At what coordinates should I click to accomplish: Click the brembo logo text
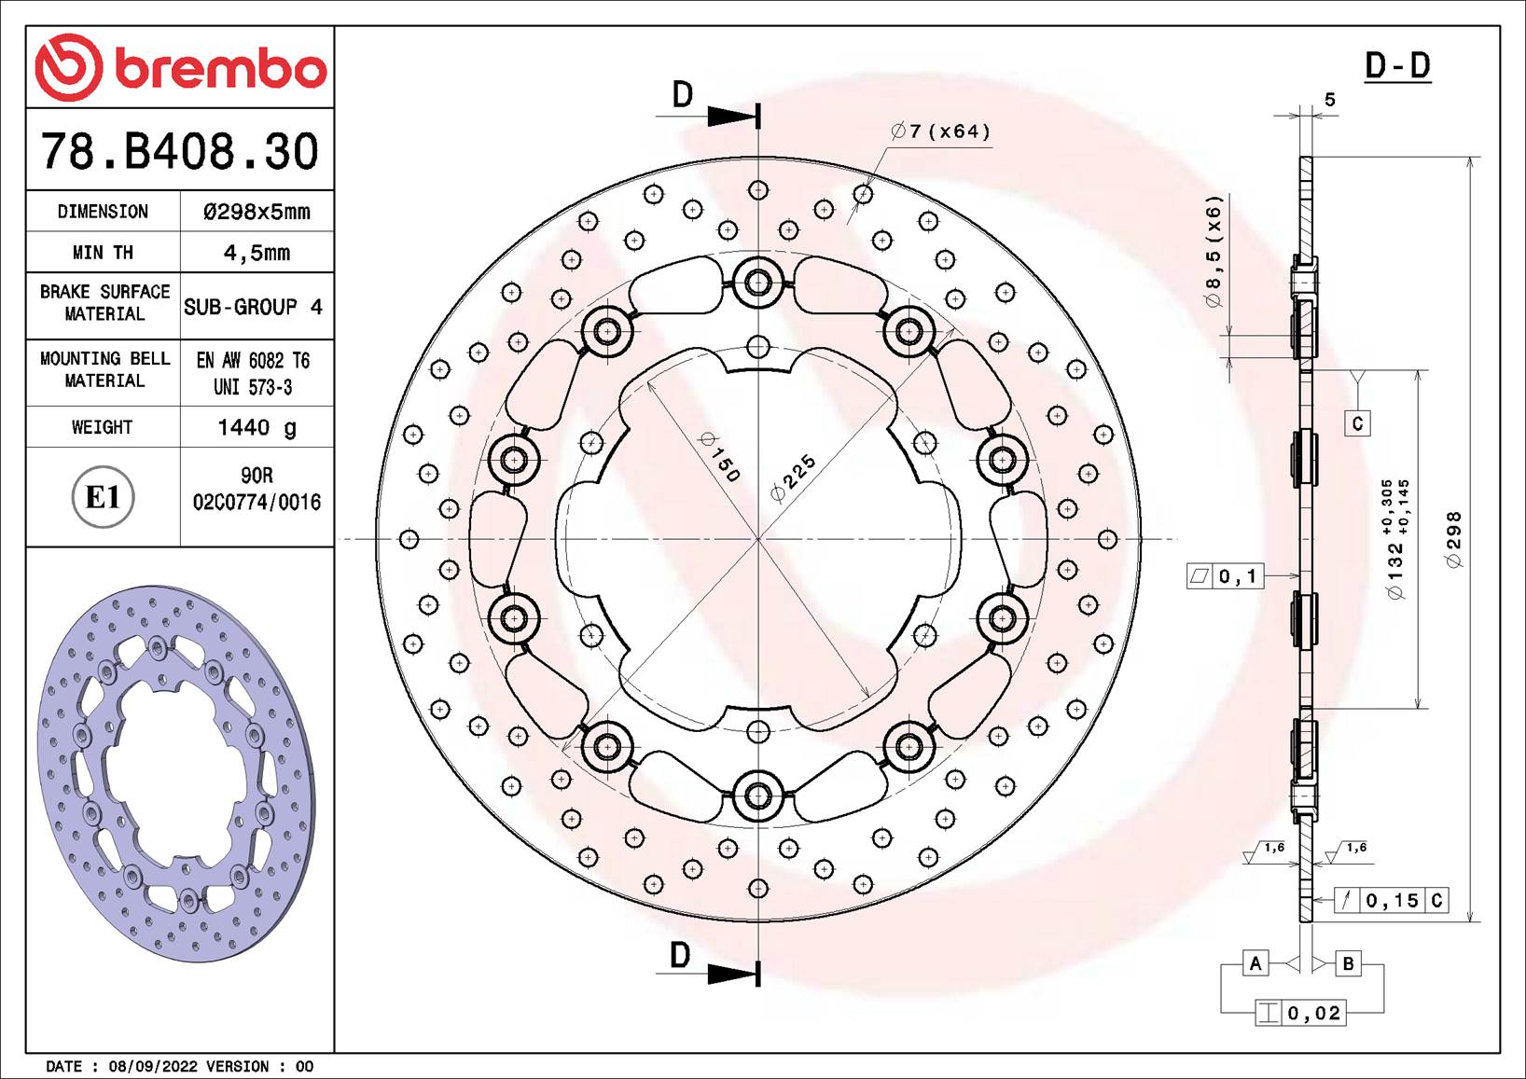coord(220,69)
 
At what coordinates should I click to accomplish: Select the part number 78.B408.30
coord(179,151)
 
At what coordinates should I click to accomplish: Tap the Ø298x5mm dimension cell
coord(257,212)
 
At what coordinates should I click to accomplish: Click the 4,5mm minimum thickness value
coord(257,253)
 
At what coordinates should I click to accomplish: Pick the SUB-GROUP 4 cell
coord(253,307)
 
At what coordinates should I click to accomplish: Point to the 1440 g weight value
coord(257,427)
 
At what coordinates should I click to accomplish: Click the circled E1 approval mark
coord(103,497)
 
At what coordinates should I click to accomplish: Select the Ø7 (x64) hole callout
coord(940,131)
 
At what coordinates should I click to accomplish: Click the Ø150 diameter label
coord(719,457)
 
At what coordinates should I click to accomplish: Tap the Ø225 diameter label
coord(793,477)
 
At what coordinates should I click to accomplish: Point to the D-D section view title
coord(1396,66)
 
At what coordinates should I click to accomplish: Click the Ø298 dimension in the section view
coord(1454,539)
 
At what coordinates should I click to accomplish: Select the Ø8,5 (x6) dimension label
coord(1213,251)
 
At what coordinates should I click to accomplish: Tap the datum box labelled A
coord(1255,963)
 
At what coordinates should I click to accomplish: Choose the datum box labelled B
coord(1348,963)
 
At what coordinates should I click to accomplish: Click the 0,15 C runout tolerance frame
coord(1391,900)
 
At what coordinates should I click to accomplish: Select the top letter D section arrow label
coord(683,95)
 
